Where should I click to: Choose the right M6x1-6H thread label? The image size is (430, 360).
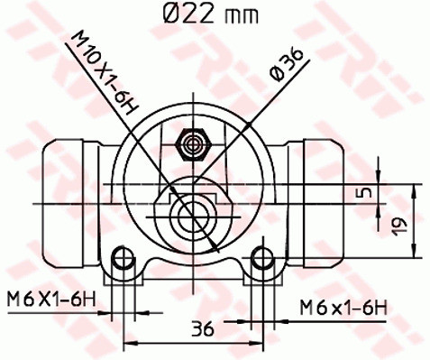coord(343,309)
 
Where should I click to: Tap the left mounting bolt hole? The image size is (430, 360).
coord(119,261)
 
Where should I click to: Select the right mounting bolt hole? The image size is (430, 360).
coord(264,261)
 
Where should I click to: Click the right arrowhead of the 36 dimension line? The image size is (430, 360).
coord(260,342)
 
